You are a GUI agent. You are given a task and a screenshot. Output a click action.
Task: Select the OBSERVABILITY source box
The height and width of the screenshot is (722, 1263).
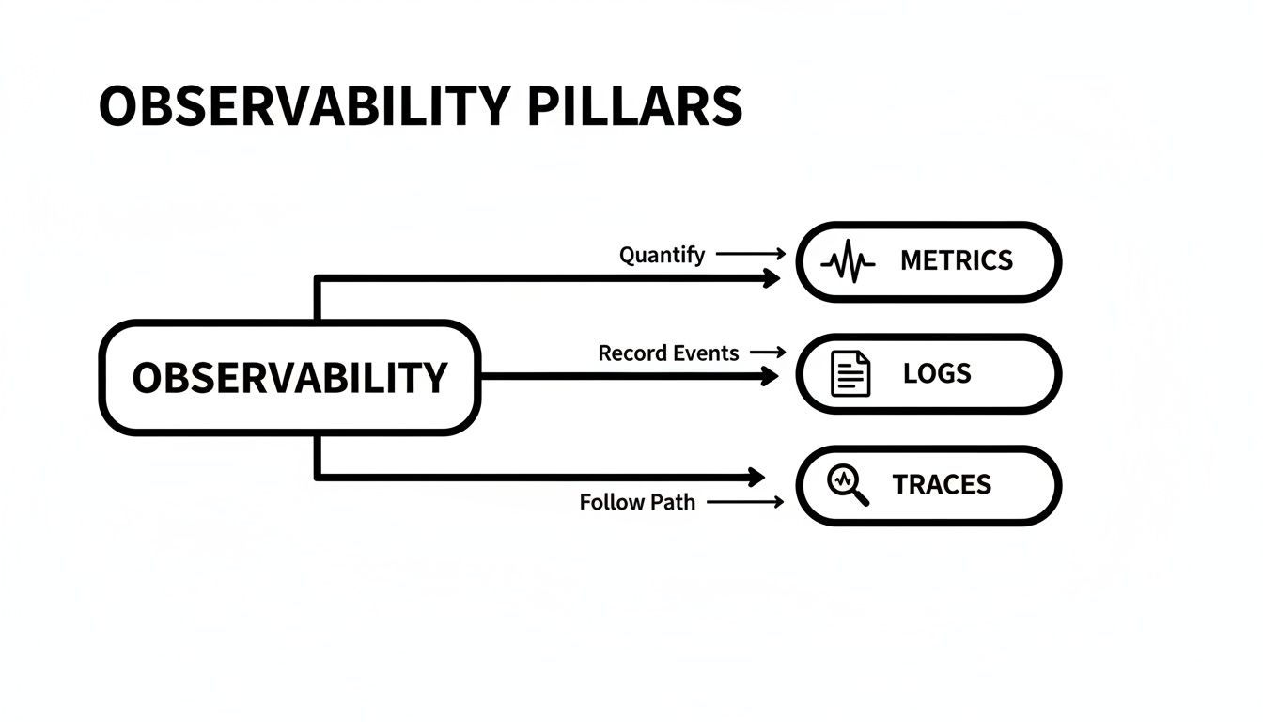[289, 378]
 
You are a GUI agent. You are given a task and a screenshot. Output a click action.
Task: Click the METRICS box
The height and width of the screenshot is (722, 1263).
[928, 261]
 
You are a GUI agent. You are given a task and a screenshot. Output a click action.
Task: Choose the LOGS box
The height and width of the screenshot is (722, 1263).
[928, 374]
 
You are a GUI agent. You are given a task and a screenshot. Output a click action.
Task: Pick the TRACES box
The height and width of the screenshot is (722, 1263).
[928, 485]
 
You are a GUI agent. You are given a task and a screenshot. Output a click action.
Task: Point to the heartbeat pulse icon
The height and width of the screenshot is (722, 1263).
[848, 262]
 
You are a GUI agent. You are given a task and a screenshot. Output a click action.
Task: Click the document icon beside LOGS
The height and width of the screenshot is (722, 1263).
[851, 374]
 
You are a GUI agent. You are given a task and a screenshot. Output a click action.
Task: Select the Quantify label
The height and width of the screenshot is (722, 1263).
[662, 255]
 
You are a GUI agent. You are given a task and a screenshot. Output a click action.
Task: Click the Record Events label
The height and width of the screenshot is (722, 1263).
[668, 353]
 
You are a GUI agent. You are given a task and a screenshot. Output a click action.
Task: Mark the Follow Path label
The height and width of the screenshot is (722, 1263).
[637, 502]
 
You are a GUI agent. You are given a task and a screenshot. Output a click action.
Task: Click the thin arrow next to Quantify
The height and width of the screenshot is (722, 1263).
[750, 254]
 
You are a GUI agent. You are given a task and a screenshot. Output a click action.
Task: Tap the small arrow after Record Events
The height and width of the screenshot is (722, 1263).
[768, 353]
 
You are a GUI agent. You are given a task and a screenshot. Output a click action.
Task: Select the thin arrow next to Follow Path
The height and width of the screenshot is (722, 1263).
[744, 502]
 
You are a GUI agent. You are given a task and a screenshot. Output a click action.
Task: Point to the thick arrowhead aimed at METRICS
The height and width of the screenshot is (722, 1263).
[772, 278]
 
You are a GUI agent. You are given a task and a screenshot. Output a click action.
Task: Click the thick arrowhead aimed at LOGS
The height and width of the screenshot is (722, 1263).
[771, 377]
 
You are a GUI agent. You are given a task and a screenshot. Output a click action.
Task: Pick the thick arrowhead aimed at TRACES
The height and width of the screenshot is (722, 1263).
[756, 478]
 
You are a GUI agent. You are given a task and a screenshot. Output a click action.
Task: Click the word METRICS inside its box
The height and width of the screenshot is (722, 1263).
[957, 261]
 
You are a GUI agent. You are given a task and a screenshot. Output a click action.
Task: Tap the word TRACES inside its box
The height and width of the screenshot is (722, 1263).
[942, 485]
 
